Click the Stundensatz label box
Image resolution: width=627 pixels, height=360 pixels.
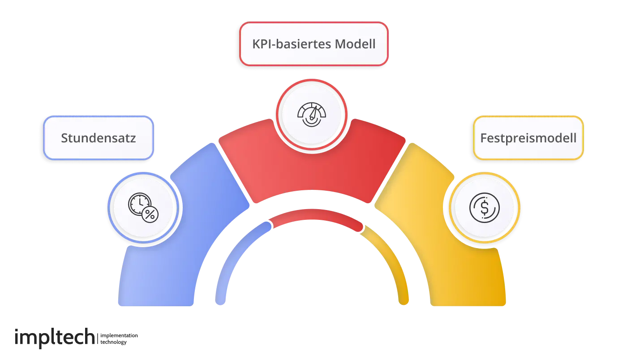tap(98, 138)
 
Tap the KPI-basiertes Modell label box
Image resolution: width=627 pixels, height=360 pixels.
tap(313, 44)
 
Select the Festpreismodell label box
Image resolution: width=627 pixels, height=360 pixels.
tap(528, 138)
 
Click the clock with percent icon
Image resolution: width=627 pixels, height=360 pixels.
tap(143, 208)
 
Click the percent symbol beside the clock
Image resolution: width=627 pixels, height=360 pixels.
tap(150, 215)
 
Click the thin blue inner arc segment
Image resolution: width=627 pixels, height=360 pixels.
tap(233, 255)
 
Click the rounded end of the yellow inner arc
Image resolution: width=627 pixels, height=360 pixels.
tap(404, 300)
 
